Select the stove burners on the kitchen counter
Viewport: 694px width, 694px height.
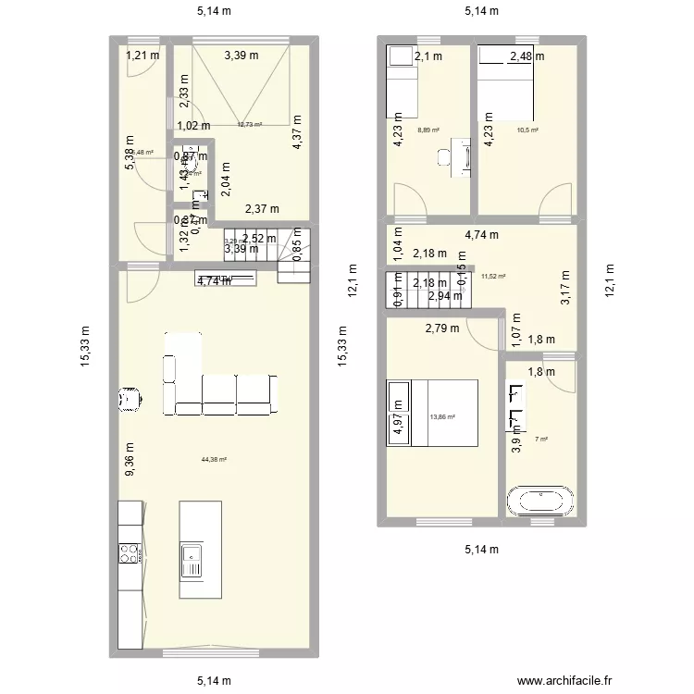[130, 553]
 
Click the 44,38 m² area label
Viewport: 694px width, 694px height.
[214, 460]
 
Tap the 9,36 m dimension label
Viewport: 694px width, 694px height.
[130, 460]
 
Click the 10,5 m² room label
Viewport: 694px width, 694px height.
[527, 130]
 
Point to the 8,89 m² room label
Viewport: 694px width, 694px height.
[428, 130]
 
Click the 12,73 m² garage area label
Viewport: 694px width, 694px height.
[249, 125]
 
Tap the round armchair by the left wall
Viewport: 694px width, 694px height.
[130, 399]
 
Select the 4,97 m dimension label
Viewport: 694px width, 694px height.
[398, 415]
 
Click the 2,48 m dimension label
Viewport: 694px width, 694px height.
[527, 56]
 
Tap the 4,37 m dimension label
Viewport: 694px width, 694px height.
[297, 131]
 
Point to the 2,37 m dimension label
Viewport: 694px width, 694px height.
[262, 209]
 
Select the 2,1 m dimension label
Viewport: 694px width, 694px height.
[428, 56]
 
